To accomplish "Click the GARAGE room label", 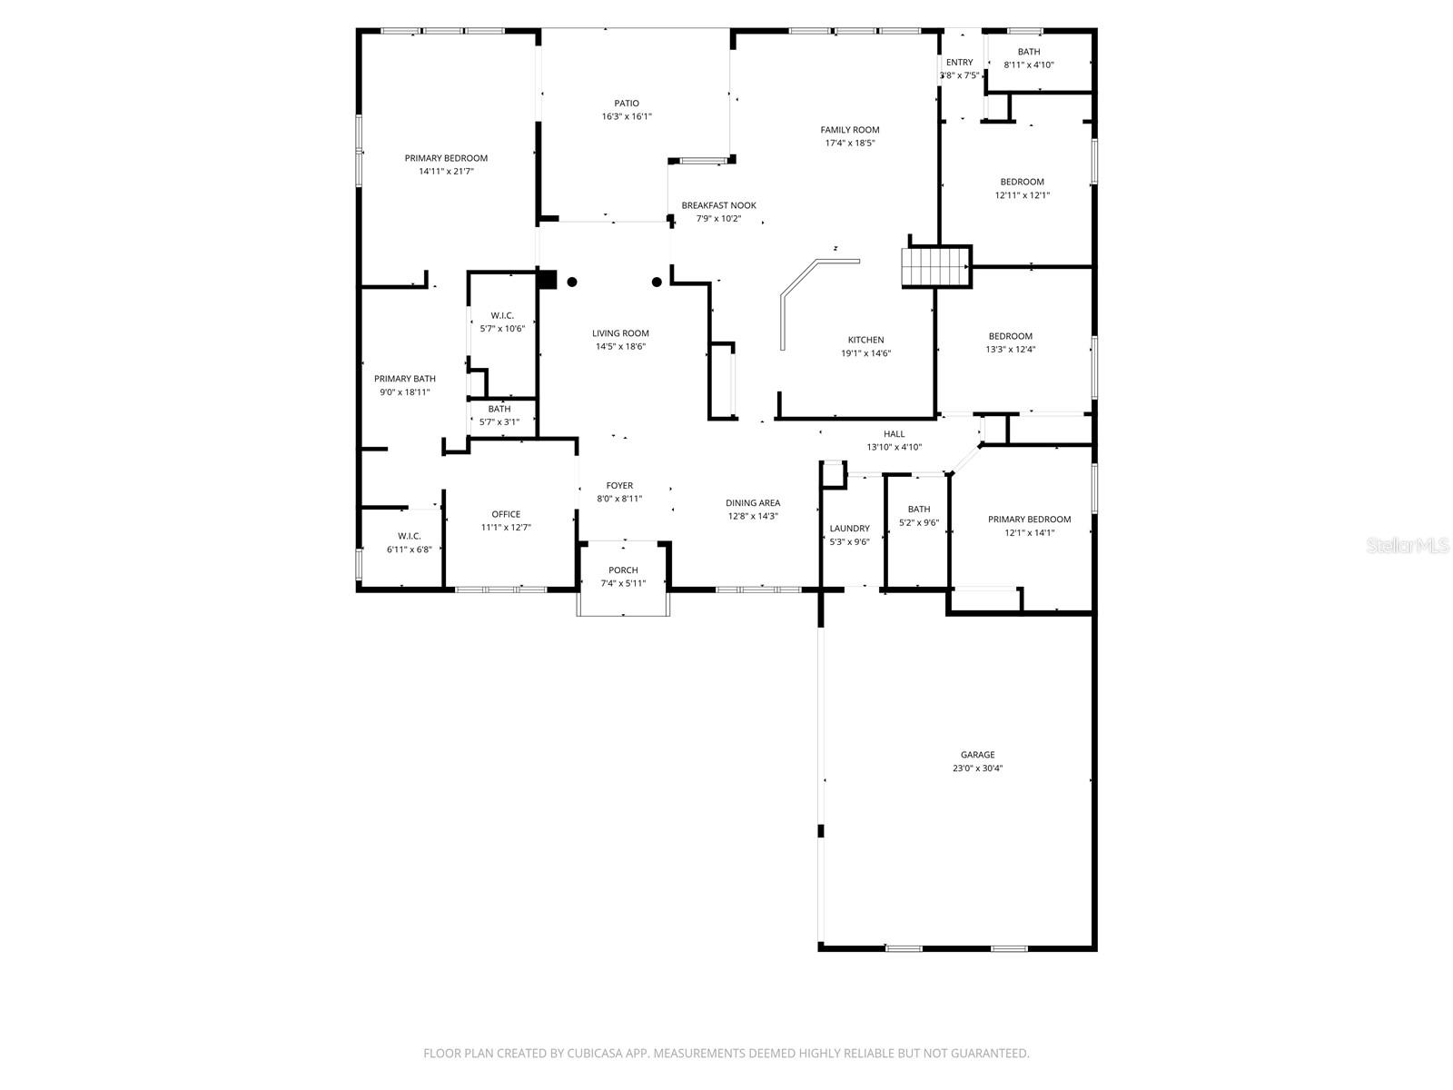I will [x=977, y=755].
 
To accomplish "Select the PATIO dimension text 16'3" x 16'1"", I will [x=627, y=117].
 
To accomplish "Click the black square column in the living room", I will [x=547, y=280].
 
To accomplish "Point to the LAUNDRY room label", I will [x=849, y=529].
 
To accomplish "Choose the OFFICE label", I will [x=506, y=514].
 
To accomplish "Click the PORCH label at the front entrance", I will [x=623, y=570].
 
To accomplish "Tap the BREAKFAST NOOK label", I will [x=718, y=205].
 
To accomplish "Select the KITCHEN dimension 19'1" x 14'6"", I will [x=865, y=353].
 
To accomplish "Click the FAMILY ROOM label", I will [x=850, y=130].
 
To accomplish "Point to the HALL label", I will [x=894, y=434].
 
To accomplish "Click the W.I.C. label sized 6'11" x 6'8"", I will [x=409, y=536].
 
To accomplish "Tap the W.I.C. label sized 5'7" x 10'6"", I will [x=502, y=315].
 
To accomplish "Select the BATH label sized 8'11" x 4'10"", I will [x=1029, y=52].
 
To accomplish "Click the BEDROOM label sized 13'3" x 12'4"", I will [x=1010, y=336].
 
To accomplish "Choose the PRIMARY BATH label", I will [x=405, y=379].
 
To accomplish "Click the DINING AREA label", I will [x=752, y=503].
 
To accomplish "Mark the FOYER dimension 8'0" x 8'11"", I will [x=620, y=499].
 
